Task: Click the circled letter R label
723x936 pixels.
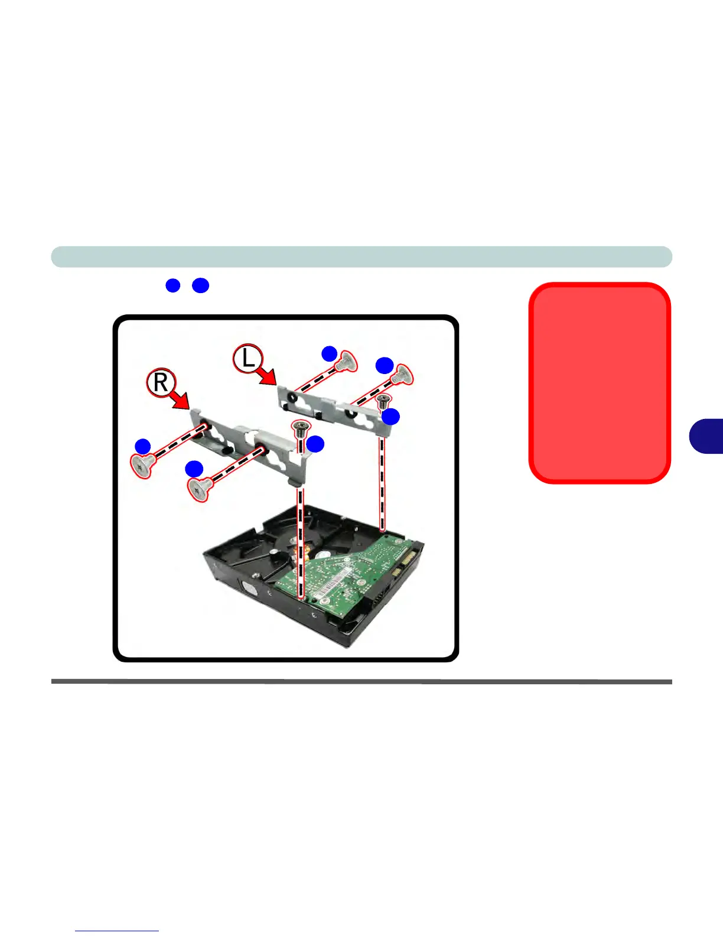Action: (x=160, y=382)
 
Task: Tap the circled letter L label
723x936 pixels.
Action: (x=247, y=359)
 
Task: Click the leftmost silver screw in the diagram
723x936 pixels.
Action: (x=142, y=466)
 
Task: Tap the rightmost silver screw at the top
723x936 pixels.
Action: (x=402, y=374)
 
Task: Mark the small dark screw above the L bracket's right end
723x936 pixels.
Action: (x=382, y=401)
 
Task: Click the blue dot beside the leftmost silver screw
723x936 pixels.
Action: (x=142, y=446)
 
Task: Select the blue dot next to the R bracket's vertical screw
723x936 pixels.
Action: (x=315, y=444)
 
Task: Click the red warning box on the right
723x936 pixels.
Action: (x=600, y=383)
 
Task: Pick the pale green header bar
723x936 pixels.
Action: (x=361, y=257)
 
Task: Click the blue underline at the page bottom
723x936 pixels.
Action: (x=117, y=931)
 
